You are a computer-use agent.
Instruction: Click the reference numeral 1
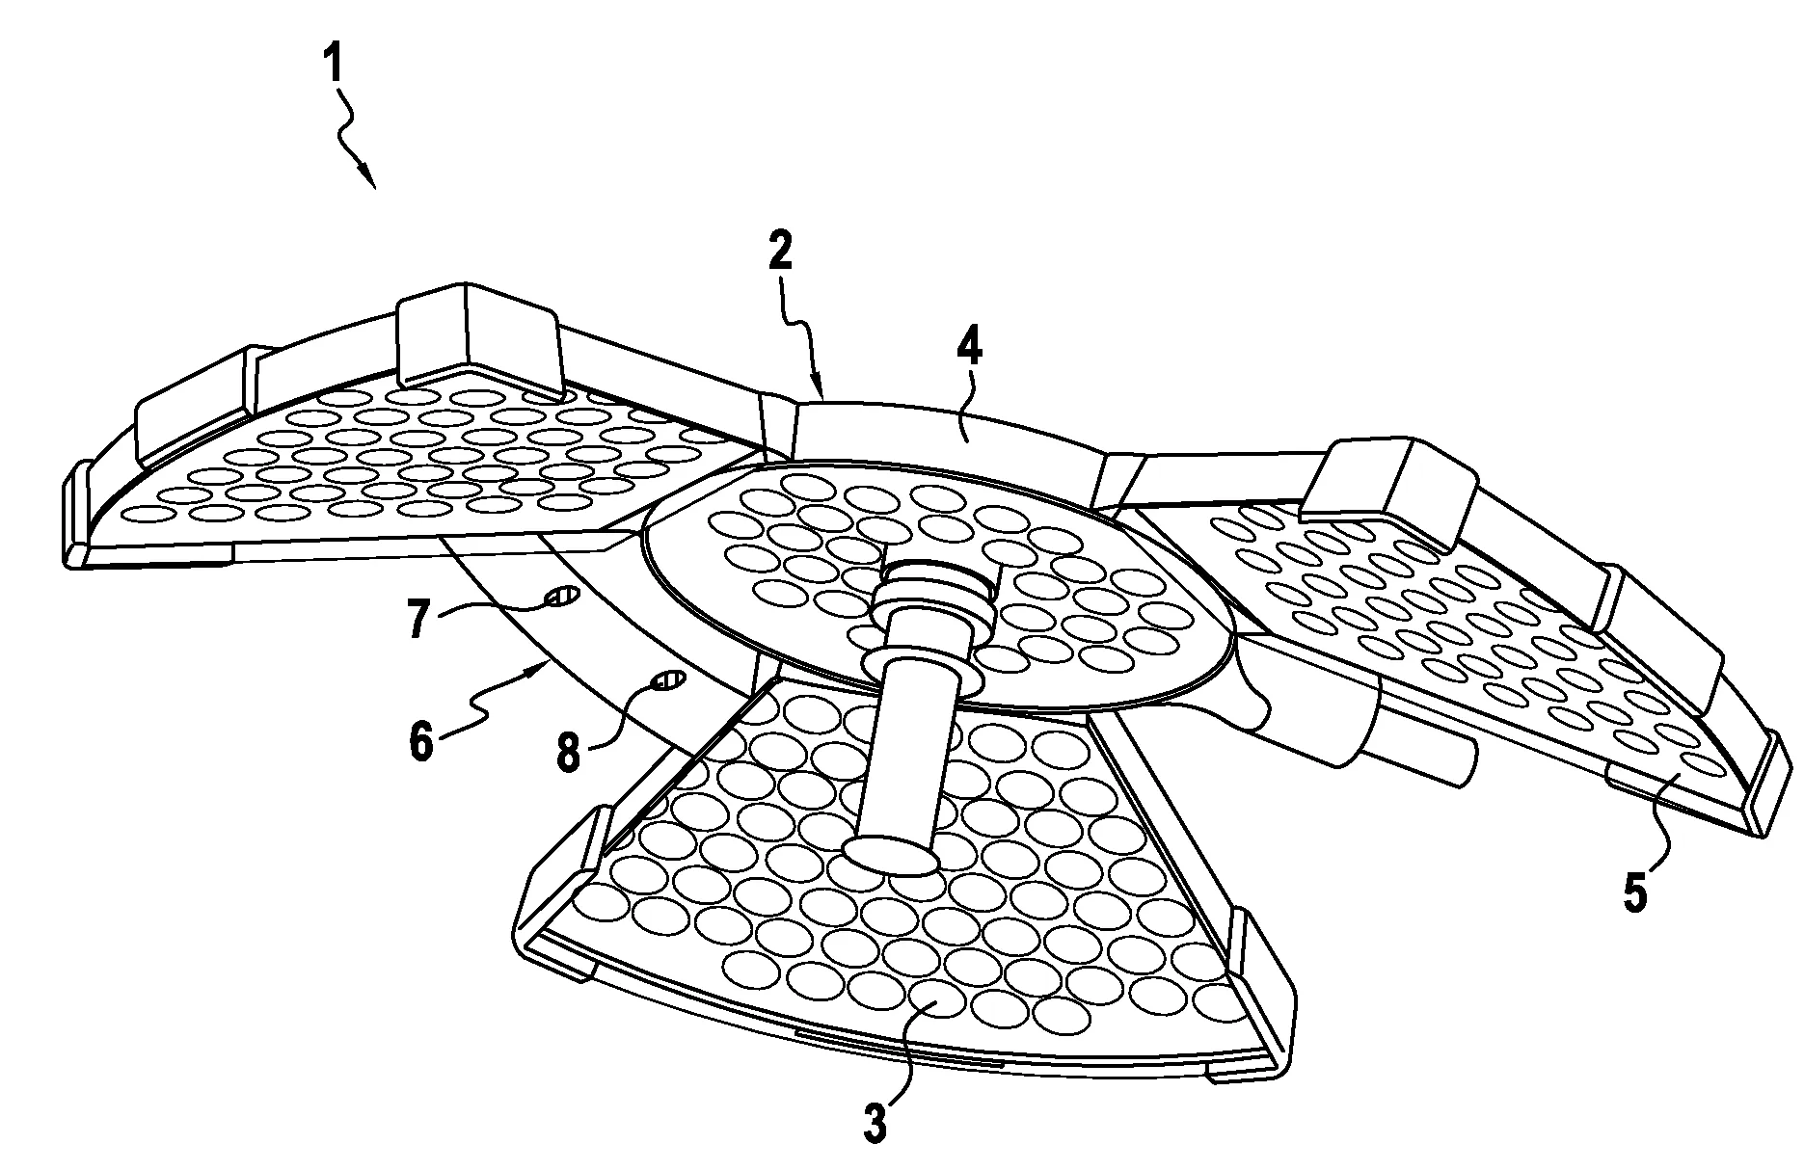(333, 67)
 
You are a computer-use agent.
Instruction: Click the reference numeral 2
(780, 251)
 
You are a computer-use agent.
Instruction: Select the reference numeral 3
(874, 1123)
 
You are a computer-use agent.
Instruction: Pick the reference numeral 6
(421, 744)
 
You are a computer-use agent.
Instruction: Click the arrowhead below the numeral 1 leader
(367, 176)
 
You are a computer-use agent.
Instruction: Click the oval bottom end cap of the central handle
(890, 855)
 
